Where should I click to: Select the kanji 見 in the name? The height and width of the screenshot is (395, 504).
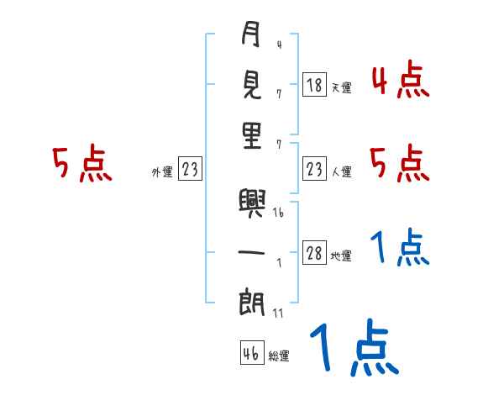point(251,86)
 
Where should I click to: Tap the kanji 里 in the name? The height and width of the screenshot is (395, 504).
point(251,134)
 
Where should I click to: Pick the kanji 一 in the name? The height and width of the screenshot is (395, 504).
point(251,253)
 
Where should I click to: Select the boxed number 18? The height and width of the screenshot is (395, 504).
point(314,85)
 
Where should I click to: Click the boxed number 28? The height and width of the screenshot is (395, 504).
point(314,254)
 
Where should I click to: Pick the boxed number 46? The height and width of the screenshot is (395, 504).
point(250,354)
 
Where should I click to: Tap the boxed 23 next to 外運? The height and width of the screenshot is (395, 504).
point(190,170)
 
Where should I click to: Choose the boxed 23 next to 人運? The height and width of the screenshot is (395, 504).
point(314,170)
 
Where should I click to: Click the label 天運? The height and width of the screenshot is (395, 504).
point(341,87)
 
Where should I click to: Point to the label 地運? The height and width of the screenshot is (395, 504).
point(341,255)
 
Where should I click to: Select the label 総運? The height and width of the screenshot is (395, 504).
point(279,355)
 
